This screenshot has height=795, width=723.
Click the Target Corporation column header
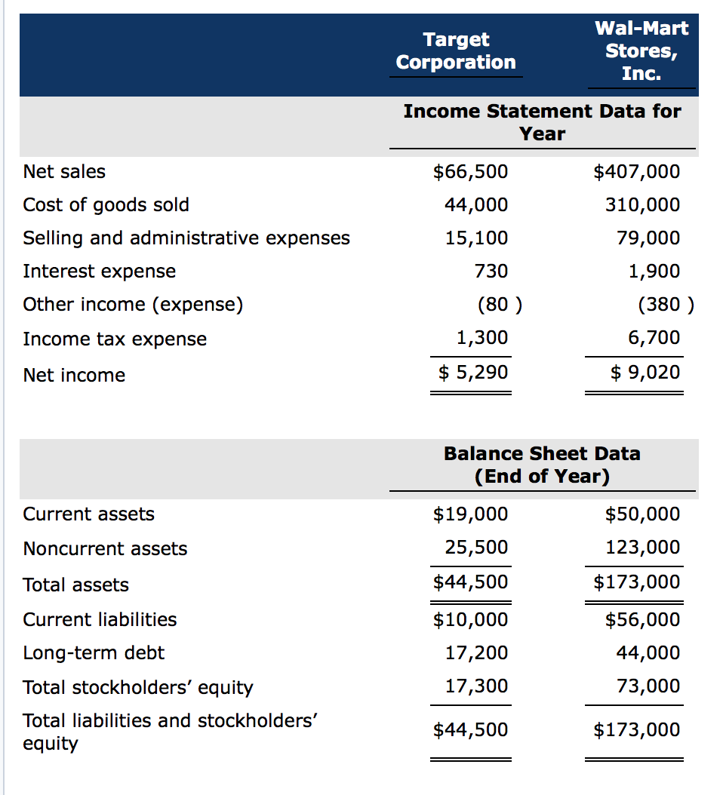tap(456, 51)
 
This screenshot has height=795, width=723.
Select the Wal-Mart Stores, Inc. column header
tap(641, 51)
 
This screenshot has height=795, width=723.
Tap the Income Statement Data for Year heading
tap(542, 122)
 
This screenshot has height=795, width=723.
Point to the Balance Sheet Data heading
tap(542, 465)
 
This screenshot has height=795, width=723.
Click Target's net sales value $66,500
tap(470, 172)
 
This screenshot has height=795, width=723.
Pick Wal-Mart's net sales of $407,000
tap(637, 172)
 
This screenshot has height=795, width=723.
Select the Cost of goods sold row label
tap(106, 205)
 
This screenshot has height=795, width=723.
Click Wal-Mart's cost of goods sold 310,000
tap(642, 205)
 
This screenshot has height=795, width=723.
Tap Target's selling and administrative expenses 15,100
tap(476, 238)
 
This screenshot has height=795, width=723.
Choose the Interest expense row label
tap(100, 272)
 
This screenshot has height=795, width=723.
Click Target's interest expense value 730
tap(492, 272)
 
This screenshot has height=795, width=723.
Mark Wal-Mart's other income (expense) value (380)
tap(665, 305)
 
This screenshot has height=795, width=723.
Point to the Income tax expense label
tap(115, 339)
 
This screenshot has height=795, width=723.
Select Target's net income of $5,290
tap(474, 372)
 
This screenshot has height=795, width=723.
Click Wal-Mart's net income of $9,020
tap(645, 372)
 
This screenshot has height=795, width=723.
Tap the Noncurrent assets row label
tap(106, 549)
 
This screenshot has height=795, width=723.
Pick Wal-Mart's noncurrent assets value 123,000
tap(642, 548)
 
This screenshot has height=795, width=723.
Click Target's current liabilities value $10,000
tap(470, 620)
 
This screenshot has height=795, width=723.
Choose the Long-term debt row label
tap(94, 653)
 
